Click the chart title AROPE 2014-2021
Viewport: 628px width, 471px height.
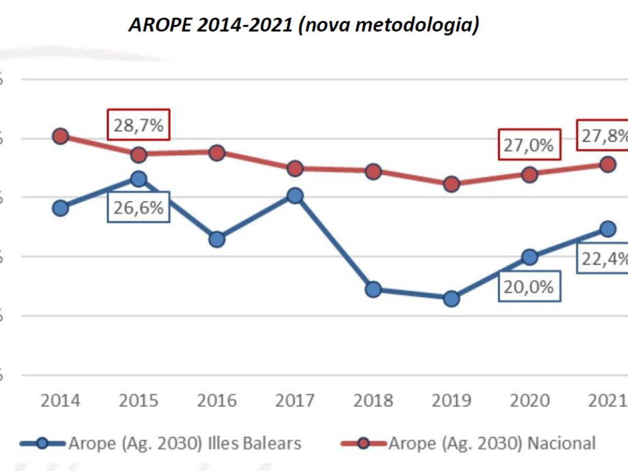[304, 25]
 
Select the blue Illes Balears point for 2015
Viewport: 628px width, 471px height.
[138, 179]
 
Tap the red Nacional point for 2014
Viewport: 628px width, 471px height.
[60, 137]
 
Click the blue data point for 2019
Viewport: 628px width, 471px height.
[451, 299]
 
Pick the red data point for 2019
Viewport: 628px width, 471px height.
[451, 184]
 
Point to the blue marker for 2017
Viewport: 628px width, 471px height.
[295, 196]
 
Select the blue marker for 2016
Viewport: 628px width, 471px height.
[217, 239]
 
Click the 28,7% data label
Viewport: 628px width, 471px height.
[139, 125]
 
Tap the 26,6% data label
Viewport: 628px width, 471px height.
[139, 208]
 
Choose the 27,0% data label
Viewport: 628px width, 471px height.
[529, 144]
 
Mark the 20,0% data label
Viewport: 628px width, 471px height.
[529, 287]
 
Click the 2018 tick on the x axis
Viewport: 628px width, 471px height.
[373, 401]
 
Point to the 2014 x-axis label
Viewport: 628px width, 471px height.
[61, 401]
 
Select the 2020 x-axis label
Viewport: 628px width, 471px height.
[529, 401]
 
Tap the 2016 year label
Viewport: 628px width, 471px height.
[217, 401]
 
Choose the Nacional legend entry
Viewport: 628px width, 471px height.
[492, 444]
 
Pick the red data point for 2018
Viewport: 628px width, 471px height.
[373, 172]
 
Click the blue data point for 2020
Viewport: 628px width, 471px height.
[529, 257]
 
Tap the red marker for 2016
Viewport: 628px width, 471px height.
[217, 153]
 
